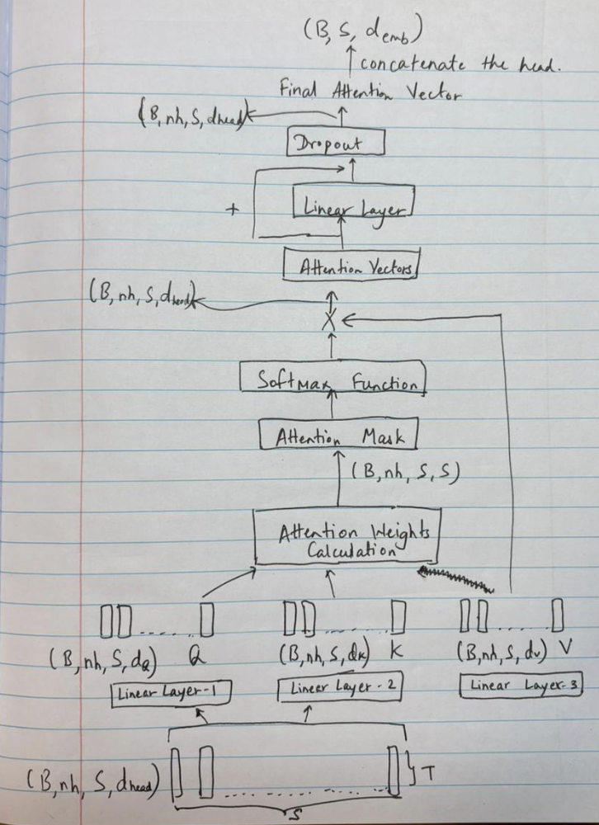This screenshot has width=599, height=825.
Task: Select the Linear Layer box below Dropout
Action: (353, 205)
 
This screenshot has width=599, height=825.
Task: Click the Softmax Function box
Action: (333, 380)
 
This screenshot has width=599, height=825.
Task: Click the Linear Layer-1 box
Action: (171, 691)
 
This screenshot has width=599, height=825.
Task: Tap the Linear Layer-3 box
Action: (512, 684)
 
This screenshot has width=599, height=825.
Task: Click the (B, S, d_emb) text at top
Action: (363, 33)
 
